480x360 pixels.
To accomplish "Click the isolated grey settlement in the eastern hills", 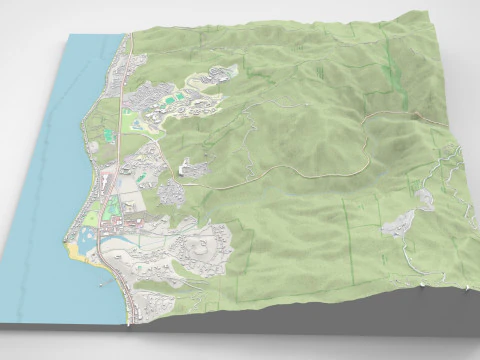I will point(399,225).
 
